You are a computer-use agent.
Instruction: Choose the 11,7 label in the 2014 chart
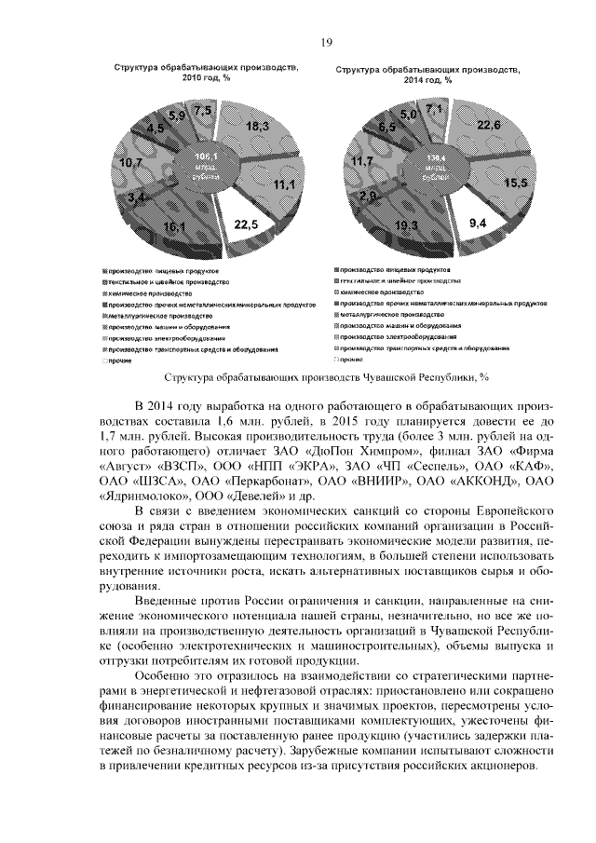click(359, 161)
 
